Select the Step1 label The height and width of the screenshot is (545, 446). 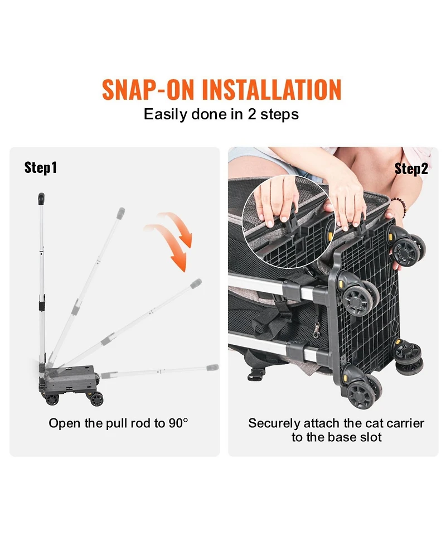pos(41,167)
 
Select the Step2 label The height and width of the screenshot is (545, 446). pos(411,169)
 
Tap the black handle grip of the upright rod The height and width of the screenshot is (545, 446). pos(41,199)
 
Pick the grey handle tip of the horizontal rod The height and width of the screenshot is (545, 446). pos(212,368)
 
